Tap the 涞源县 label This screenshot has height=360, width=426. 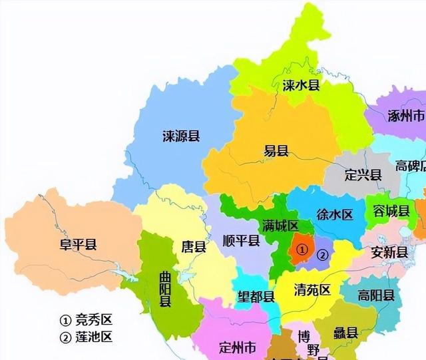pos(181,136)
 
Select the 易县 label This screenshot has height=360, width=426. pos(276,152)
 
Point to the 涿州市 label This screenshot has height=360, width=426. pos(405,116)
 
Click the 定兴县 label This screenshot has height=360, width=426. pos(363,175)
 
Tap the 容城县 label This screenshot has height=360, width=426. pos(391,212)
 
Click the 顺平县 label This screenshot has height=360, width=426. pos(241,240)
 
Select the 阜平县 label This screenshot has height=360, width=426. pos(78,244)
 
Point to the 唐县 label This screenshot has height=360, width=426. pos(194,247)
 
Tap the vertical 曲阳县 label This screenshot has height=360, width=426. pos(164,288)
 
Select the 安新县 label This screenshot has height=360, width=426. pos(389,252)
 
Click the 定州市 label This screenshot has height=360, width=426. pos(237,347)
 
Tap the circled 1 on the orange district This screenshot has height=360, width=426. pos(302,250)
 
